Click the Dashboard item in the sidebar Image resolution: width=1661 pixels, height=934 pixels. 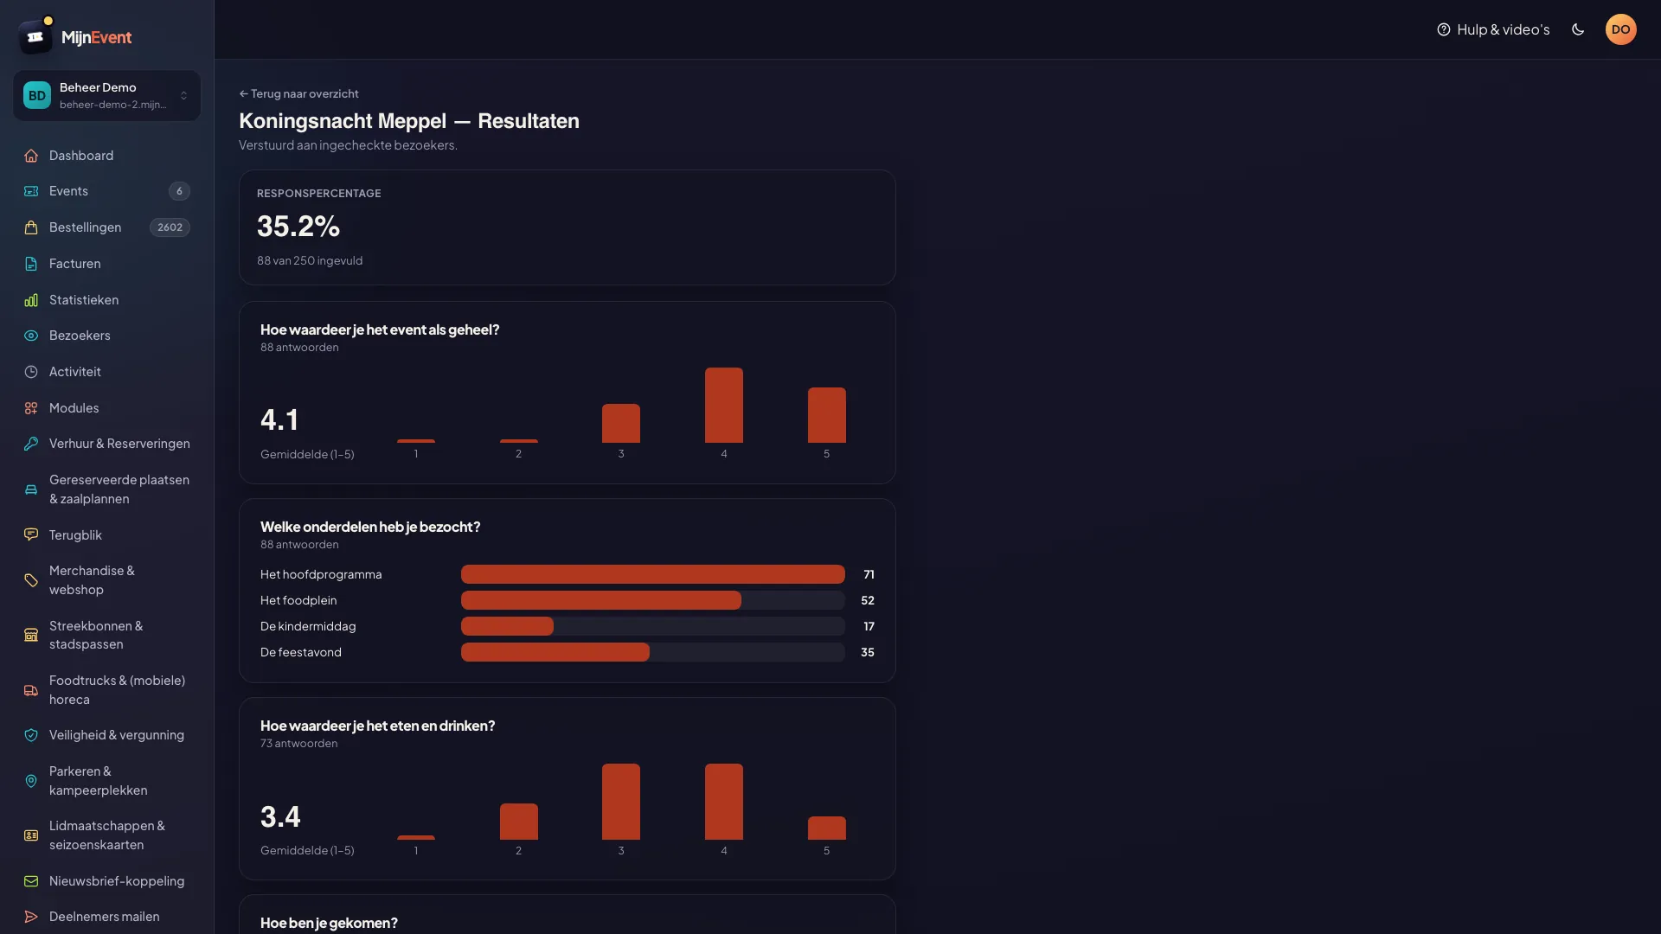click(x=81, y=156)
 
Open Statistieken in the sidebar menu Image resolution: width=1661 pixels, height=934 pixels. click(x=84, y=300)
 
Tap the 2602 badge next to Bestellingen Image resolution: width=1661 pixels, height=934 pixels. click(x=170, y=227)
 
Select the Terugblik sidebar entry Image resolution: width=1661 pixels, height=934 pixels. click(x=75, y=535)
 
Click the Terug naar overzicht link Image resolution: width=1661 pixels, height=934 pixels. click(x=298, y=93)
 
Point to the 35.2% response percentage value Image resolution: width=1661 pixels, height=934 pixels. click(x=298, y=227)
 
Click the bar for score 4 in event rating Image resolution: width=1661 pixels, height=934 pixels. click(x=724, y=405)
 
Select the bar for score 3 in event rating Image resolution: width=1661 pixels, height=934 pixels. click(x=621, y=423)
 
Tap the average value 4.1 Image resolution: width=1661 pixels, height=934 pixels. click(x=279, y=420)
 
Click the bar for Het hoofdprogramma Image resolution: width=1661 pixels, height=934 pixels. click(x=653, y=574)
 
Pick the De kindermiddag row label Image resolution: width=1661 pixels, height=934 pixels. click(x=308, y=626)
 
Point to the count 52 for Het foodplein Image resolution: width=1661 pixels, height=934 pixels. click(x=868, y=600)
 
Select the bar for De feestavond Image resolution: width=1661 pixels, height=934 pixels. click(x=555, y=652)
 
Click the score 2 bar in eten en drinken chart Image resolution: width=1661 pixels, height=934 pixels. click(x=519, y=822)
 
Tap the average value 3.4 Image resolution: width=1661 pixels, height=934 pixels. click(x=280, y=817)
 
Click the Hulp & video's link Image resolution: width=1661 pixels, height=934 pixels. click(x=1493, y=29)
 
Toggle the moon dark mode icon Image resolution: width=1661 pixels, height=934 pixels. click(x=1578, y=29)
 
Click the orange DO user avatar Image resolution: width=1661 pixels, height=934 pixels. click(x=1621, y=29)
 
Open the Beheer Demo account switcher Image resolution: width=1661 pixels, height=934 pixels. click(x=106, y=95)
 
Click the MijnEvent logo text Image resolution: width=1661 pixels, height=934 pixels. click(x=97, y=37)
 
